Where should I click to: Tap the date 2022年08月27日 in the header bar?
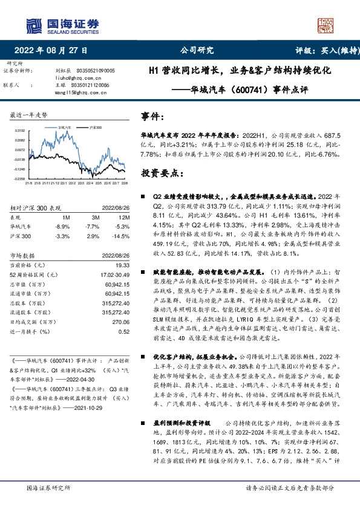(54, 51)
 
